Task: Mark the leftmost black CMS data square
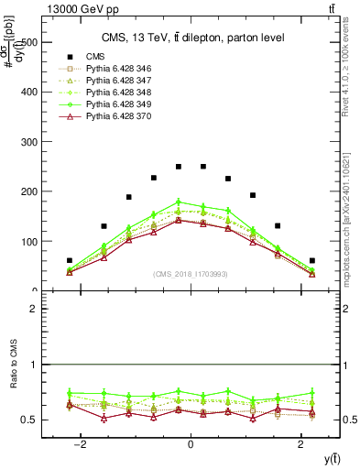point(70,260)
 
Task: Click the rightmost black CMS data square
point(312,260)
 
